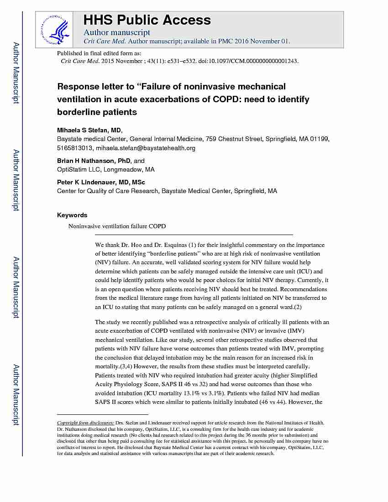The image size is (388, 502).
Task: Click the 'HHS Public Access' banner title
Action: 147,20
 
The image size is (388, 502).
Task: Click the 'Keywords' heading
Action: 72,215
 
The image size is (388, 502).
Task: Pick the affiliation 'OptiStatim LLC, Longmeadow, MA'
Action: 105,169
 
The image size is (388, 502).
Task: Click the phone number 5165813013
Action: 75,148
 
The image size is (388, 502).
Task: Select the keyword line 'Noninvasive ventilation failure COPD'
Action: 117,226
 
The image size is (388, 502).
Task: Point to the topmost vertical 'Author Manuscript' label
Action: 16,73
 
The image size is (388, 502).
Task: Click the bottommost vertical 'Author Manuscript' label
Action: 16,395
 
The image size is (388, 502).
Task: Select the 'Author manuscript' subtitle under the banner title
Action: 117,32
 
